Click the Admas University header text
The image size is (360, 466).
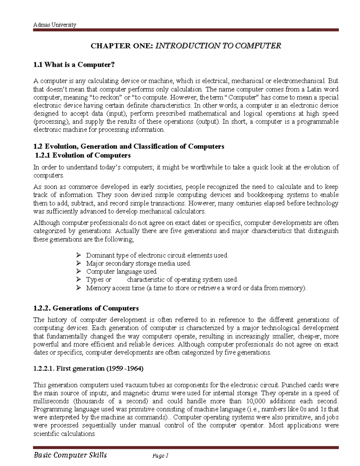55,25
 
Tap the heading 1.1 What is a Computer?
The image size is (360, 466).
74,65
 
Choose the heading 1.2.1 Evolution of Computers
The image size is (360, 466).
83,155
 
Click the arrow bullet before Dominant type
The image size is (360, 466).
79,255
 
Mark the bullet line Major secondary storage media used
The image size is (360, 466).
138,263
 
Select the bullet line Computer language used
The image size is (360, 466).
121,272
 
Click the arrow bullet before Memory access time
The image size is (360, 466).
79,288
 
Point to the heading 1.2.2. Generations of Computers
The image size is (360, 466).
86,308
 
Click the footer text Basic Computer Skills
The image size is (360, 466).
70,455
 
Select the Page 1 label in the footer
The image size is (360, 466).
160,456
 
